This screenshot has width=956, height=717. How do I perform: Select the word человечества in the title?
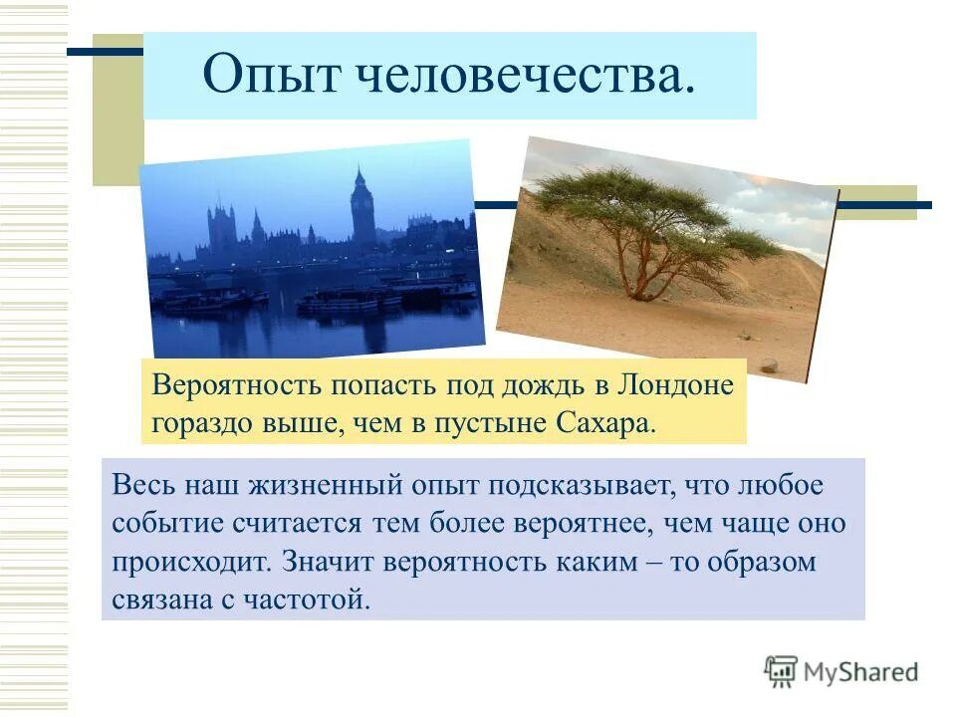pyautogui.click(x=518, y=76)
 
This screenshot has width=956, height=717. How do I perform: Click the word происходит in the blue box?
pyautogui.click(x=189, y=562)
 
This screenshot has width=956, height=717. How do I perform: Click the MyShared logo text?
pyautogui.click(x=862, y=672)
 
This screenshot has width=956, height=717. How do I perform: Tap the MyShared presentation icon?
pyautogui.click(x=781, y=671)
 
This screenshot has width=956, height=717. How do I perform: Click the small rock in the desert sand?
pyautogui.click(x=769, y=365)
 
